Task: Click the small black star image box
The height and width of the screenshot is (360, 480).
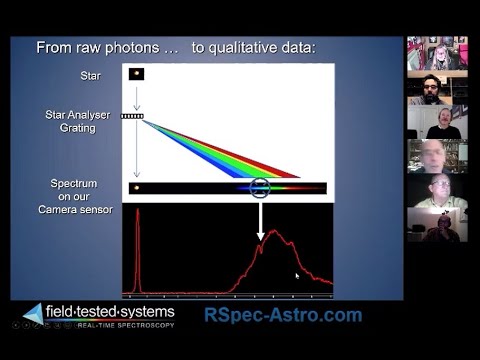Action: click(x=136, y=74)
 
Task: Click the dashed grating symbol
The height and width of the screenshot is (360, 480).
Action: click(x=133, y=116)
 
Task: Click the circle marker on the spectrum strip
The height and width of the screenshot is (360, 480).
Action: click(x=260, y=187)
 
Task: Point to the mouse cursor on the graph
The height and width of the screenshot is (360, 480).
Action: click(x=297, y=275)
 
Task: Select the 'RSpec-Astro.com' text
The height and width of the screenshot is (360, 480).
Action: click(x=283, y=315)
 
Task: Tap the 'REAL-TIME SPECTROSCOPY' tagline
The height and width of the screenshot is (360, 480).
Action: click(x=125, y=326)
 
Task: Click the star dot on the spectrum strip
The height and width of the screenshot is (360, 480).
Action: click(x=137, y=187)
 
